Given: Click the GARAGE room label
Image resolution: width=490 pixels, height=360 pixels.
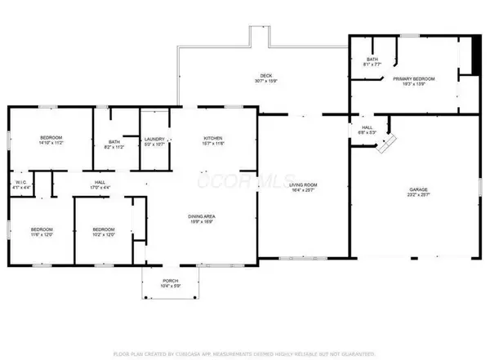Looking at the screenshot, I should point(417,189).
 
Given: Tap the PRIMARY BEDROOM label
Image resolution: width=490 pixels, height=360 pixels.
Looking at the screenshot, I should point(413,78).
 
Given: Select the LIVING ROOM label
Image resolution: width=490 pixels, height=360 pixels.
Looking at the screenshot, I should point(304,185).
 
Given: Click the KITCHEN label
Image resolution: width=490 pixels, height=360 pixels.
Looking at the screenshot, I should point(213,139).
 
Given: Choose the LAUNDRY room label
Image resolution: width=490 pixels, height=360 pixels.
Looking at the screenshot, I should point(154,139).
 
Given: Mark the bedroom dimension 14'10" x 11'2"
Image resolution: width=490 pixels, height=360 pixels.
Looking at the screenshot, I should point(51,144).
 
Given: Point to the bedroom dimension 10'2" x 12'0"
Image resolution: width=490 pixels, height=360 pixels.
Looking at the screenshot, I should point(103,235).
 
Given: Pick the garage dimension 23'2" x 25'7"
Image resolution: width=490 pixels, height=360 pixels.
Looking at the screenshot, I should point(417,195).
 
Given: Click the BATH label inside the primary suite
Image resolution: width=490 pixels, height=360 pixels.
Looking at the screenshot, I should point(372,58).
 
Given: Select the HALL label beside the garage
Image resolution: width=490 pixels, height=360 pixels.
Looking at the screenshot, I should point(367,127).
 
